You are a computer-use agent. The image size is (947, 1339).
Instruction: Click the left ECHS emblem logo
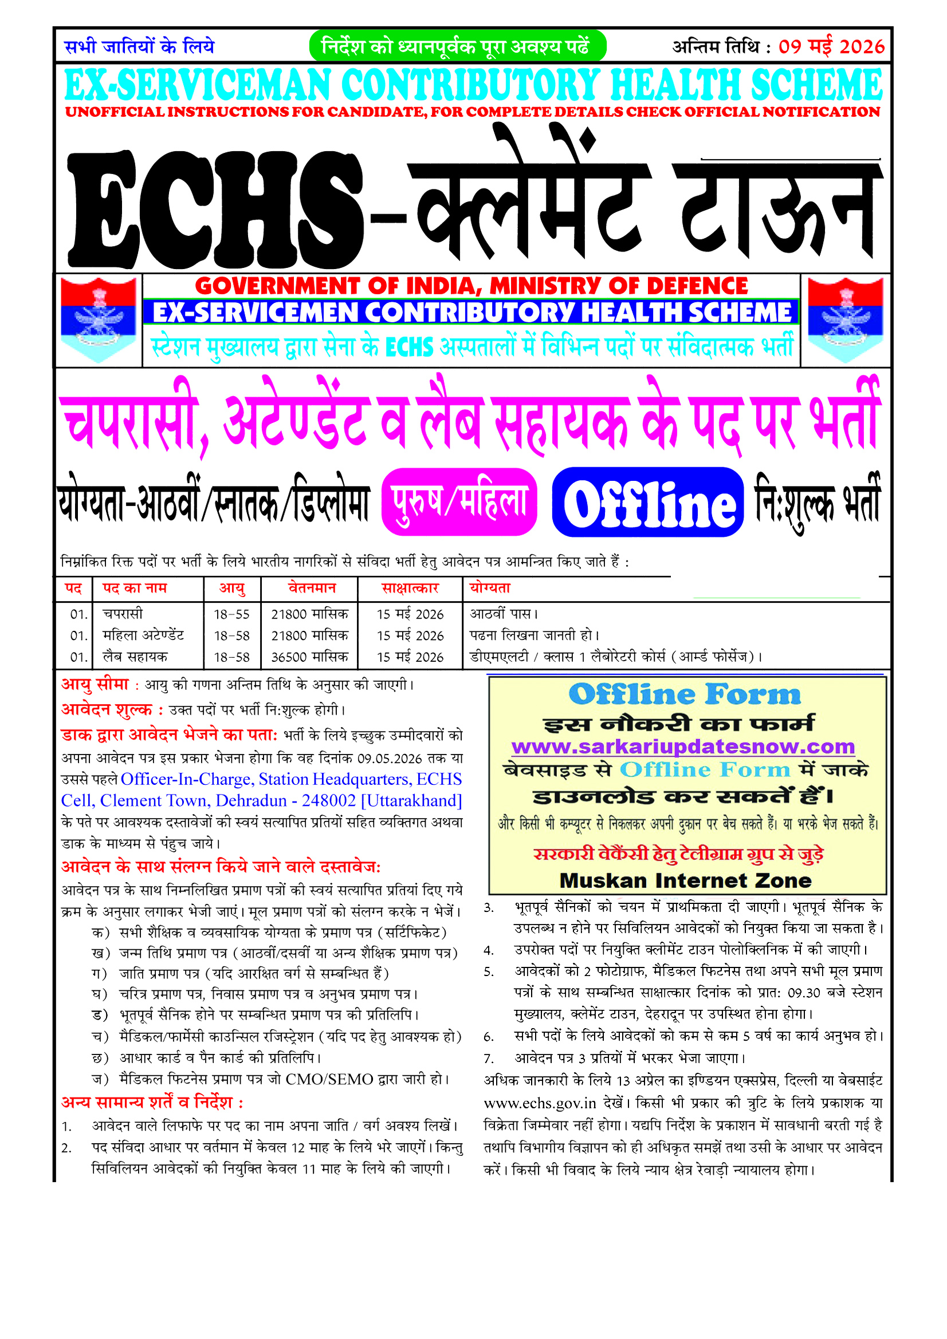click(98, 319)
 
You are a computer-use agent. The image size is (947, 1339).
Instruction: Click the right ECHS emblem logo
click(845, 319)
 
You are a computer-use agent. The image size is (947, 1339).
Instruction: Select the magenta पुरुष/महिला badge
click(459, 502)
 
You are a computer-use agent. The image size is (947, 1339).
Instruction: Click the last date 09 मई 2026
click(831, 46)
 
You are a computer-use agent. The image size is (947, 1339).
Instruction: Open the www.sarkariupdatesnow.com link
click(683, 747)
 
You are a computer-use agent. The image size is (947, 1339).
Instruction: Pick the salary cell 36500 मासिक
click(309, 657)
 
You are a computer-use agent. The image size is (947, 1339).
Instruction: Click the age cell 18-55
click(231, 614)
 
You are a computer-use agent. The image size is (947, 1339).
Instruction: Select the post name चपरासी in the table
click(123, 614)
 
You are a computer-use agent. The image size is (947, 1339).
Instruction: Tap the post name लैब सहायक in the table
click(135, 657)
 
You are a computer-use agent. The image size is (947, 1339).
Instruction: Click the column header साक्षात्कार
click(410, 588)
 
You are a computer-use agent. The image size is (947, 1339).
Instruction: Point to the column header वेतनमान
click(312, 588)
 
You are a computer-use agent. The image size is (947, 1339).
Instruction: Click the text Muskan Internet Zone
click(686, 880)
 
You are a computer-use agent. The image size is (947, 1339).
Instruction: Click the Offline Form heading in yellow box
click(685, 694)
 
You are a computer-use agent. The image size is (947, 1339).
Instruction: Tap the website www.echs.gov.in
click(540, 1103)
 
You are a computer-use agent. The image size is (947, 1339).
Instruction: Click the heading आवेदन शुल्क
click(107, 710)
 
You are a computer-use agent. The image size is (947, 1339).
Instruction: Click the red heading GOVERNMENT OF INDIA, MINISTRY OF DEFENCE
click(471, 286)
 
